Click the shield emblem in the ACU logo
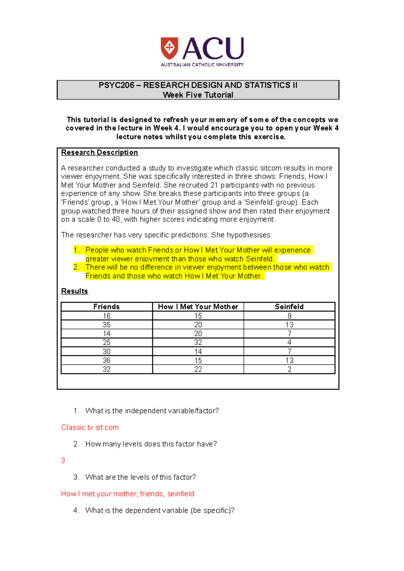pos(169,48)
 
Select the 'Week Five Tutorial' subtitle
pos(198,95)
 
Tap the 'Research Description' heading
pos(99,153)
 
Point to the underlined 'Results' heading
pos(74,291)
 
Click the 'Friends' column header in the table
pos(106,307)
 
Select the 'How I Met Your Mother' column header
pos(198,307)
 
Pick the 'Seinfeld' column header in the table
pos(289,307)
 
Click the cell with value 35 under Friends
pos(106,325)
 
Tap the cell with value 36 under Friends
pos(106,360)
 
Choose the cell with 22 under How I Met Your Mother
pos(198,369)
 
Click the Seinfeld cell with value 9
pos(289,316)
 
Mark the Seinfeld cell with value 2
pos(289,369)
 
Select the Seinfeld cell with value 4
pos(289,342)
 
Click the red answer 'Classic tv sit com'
pos(90,427)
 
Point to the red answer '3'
pos(63,461)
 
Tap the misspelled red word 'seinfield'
pos(180,494)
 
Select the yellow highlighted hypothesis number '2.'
pos(76,267)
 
